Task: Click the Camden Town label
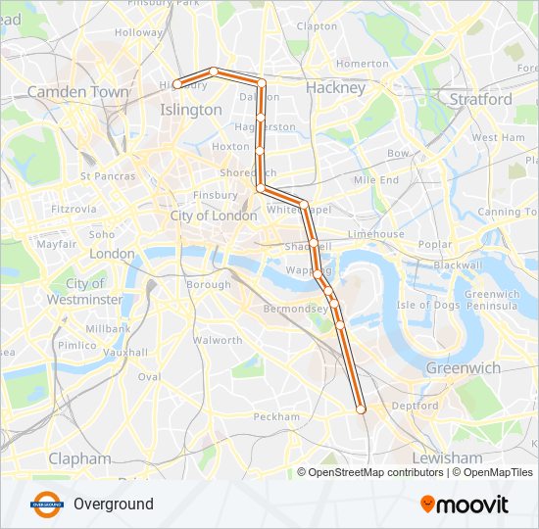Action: [77, 91]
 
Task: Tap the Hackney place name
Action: [335, 87]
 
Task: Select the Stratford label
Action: [480, 99]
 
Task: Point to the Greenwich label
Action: [463, 368]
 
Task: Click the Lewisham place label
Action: [448, 457]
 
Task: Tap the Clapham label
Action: [79, 457]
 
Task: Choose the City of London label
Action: [214, 216]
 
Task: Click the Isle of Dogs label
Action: [427, 305]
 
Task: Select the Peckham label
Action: [276, 416]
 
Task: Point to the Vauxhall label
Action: [124, 352]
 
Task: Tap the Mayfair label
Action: [57, 243]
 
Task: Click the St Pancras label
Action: [108, 176]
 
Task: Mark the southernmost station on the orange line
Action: [361, 409]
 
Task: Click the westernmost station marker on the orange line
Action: [177, 84]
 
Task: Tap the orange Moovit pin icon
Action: [428, 504]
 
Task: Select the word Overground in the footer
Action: [114, 505]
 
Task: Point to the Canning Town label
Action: [508, 212]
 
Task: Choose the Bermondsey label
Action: [296, 309]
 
